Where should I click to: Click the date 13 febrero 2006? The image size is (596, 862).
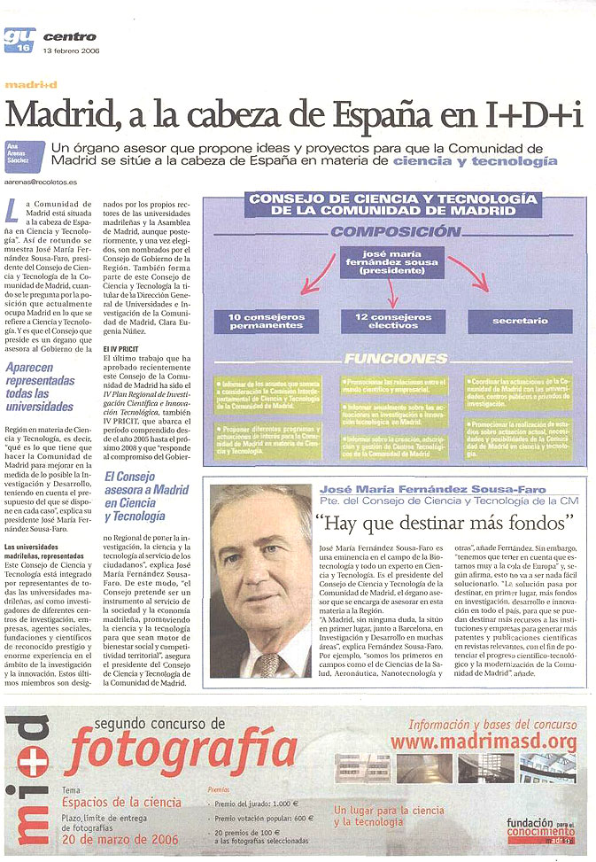[x=72, y=50]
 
